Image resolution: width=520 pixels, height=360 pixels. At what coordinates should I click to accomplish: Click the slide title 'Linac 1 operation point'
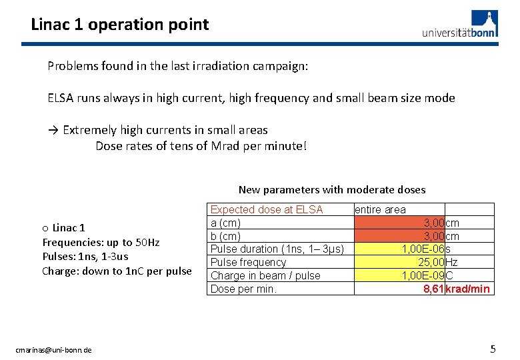pyautogui.click(x=120, y=25)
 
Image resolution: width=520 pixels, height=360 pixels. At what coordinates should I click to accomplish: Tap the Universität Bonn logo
pyautogui.click(x=459, y=25)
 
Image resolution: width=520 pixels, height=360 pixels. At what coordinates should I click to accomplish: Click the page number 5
pyautogui.click(x=493, y=349)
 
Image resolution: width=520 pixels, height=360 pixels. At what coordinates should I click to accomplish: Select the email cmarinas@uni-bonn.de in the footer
pyautogui.click(x=54, y=350)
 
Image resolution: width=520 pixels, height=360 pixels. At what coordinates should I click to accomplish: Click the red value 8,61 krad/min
pyautogui.click(x=457, y=289)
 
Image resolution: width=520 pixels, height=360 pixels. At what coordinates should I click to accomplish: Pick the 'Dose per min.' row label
pyautogui.click(x=243, y=289)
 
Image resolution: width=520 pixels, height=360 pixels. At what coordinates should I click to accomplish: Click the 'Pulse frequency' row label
pyautogui.click(x=248, y=262)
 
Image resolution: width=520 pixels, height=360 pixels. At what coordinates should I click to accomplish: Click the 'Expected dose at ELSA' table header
pyautogui.click(x=267, y=209)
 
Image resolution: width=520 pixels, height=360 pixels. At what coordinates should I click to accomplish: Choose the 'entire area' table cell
pyautogui.click(x=380, y=209)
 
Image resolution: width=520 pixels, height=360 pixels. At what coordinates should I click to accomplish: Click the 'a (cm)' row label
pyautogui.click(x=225, y=223)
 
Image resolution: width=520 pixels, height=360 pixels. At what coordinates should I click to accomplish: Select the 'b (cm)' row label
pyautogui.click(x=225, y=236)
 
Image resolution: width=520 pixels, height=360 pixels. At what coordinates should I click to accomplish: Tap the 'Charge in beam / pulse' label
pyautogui.click(x=265, y=275)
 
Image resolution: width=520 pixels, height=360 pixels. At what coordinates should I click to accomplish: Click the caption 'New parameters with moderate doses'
pyautogui.click(x=331, y=189)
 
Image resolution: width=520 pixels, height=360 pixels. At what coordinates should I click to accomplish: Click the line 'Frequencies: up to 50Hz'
pyautogui.click(x=101, y=242)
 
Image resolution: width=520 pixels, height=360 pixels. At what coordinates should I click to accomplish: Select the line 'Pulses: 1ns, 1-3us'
pyautogui.click(x=85, y=256)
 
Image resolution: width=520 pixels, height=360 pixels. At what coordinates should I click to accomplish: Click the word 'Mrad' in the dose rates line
pyautogui.click(x=229, y=145)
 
